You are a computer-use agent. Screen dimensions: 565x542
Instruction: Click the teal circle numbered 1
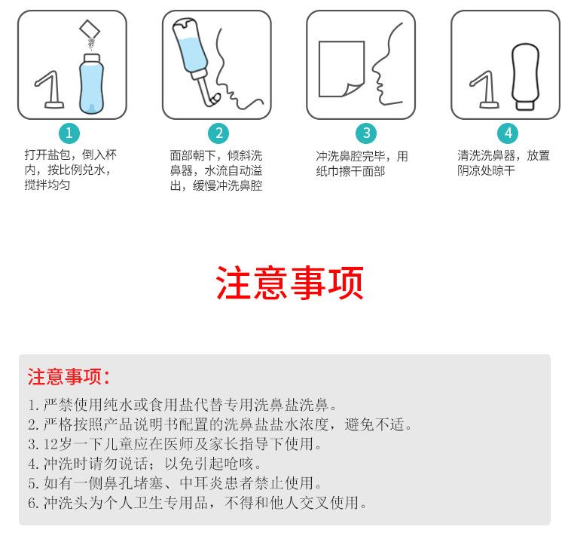[69, 133]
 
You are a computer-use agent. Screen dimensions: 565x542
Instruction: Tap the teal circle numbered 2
[218, 133]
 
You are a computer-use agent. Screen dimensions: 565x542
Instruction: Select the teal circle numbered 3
[366, 133]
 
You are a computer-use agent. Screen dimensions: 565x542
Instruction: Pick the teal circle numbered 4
[508, 133]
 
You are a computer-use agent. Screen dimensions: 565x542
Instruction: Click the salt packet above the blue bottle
[90, 29]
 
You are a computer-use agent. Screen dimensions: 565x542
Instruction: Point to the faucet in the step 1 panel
[50, 90]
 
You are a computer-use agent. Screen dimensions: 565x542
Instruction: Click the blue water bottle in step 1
[91, 84]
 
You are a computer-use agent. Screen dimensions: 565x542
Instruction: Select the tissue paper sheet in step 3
[341, 69]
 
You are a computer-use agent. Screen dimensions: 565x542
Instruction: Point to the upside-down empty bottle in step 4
[525, 76]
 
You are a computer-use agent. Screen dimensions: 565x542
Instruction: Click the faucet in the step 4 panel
[484, 90]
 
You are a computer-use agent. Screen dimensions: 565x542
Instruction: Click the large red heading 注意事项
[289, 283]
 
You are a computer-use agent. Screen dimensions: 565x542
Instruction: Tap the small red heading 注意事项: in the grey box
[68, 376]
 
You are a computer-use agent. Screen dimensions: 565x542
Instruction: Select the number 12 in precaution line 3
[50, 444]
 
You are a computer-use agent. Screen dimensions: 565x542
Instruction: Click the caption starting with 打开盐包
[71, 170]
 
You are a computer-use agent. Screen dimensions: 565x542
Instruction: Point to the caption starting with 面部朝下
[216, 170]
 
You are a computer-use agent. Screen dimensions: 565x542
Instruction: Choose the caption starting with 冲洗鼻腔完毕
[362, 164]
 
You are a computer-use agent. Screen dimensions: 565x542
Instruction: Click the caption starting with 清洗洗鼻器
[504, 163]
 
